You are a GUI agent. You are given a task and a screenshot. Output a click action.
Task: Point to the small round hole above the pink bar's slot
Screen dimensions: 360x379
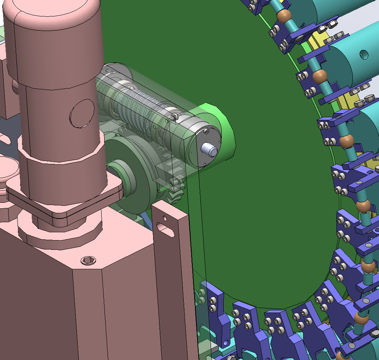click(163, 217)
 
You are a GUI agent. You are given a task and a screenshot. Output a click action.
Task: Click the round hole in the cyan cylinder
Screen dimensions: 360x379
click(363, 55)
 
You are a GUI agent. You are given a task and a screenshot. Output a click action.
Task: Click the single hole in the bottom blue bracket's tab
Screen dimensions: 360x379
click(226, 342)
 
